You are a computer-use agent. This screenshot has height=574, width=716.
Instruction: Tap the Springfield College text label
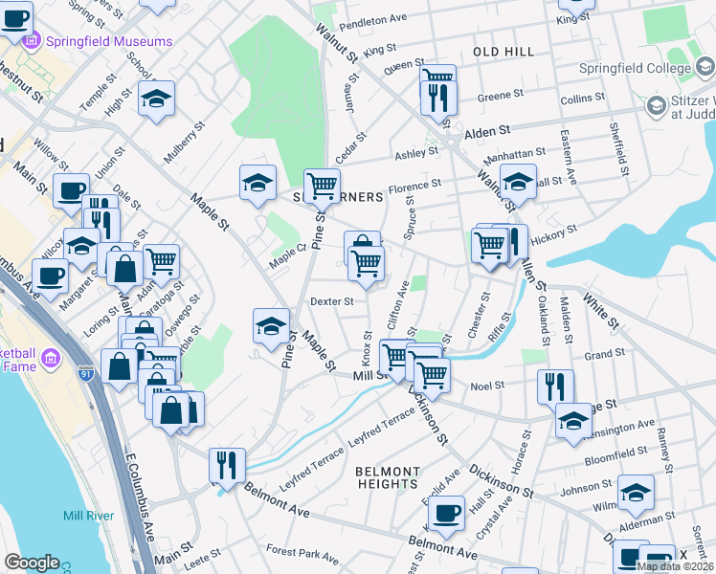[634, 69]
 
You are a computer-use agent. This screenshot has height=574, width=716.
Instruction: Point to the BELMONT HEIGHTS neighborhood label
[387, 478]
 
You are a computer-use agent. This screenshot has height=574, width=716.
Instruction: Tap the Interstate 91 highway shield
[87, 367]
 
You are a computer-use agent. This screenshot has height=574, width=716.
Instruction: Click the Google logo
[32, 563]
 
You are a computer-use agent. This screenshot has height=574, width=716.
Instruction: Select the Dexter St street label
[332, 300]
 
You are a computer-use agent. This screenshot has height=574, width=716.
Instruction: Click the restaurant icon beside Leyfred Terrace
[227, 465]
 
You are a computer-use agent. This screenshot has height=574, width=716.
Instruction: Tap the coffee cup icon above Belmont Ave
[446, 513]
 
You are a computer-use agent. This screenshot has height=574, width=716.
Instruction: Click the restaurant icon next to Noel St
[555, 386]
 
